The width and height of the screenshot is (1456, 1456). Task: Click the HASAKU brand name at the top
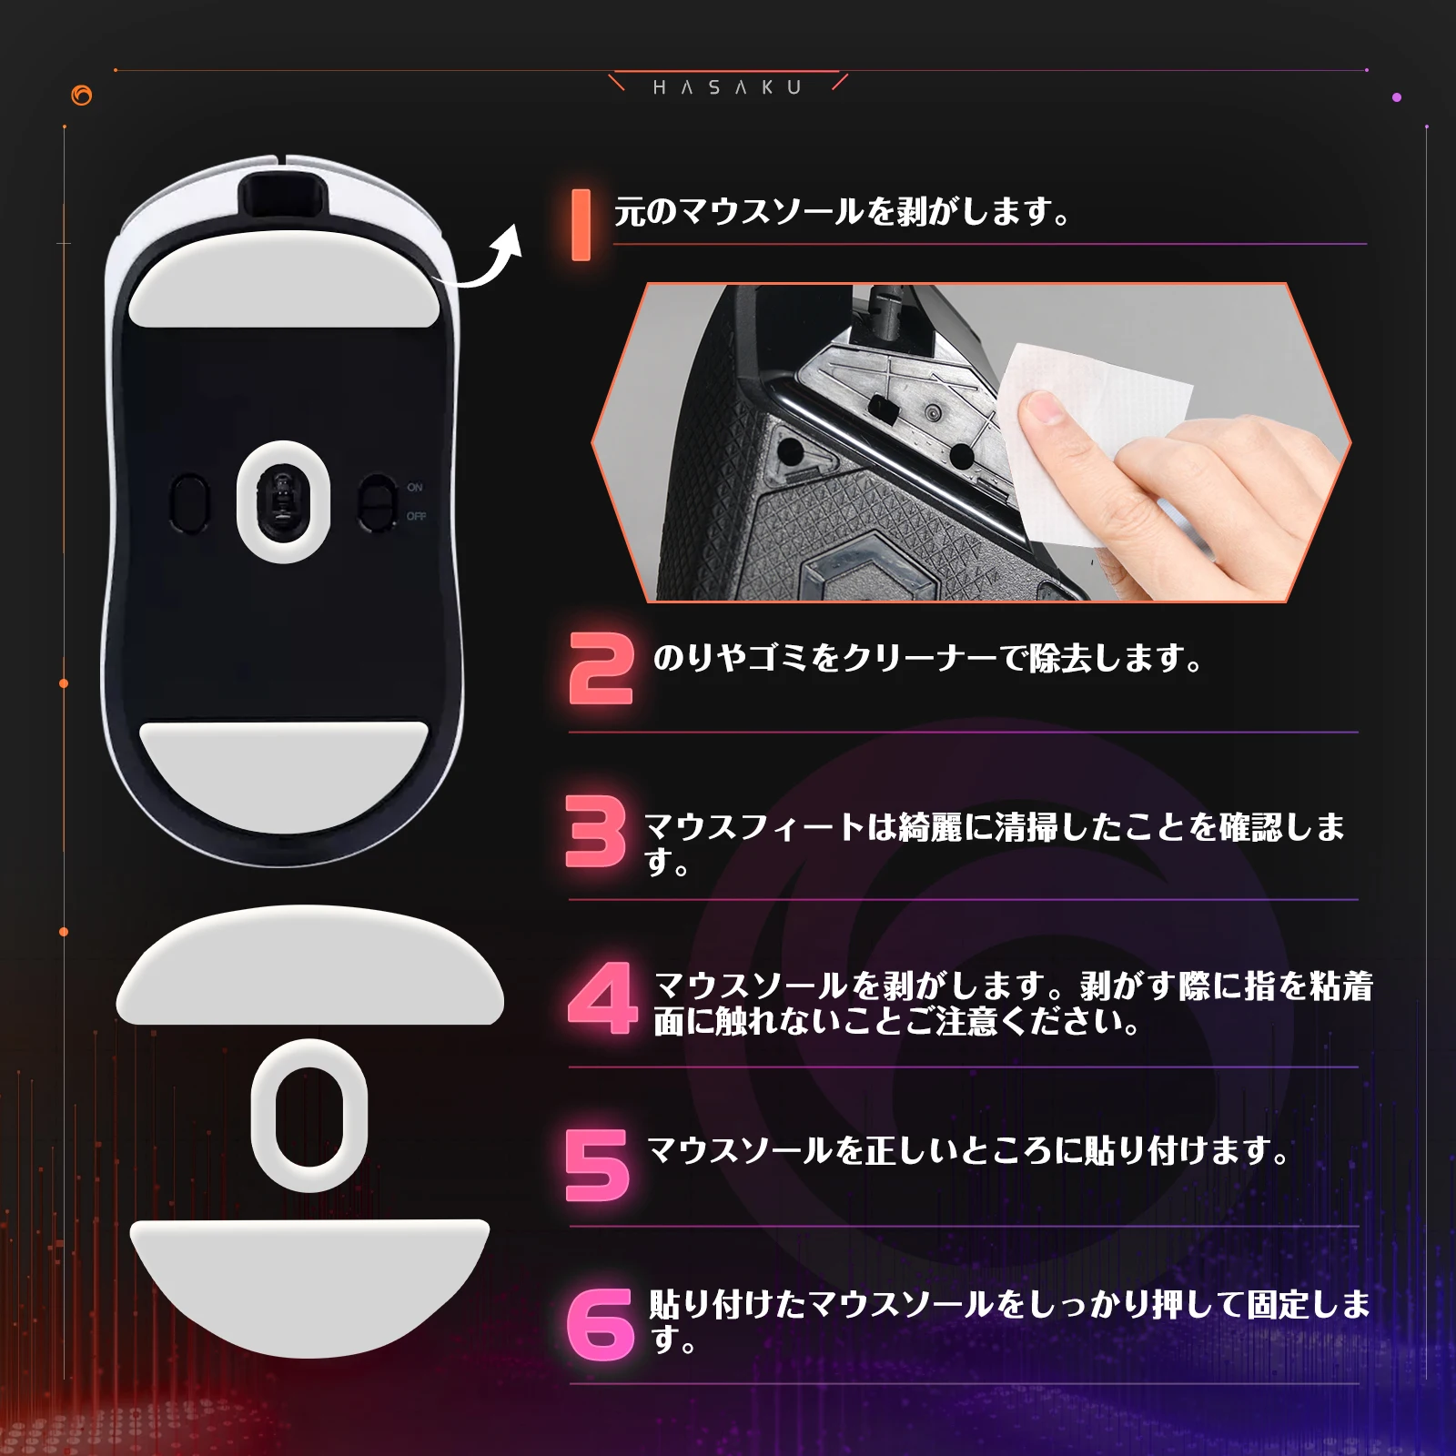click(727, 87)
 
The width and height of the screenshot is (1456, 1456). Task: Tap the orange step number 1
click(581, 225)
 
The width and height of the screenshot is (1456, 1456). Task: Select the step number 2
click(601, 669)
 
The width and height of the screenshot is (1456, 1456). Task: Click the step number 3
click(596, 831)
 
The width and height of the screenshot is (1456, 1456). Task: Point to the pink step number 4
click(602, 997)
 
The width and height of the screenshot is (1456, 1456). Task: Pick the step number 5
click(597, 1165)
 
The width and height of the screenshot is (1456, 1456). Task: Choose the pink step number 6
click(600, 1324)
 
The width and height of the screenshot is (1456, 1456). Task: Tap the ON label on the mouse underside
click(415, 488)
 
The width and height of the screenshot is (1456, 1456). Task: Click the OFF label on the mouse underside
click(416, 517)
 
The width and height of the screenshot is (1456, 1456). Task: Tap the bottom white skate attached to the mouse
click(284, 774)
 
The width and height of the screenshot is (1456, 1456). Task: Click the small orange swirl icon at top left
click(82, 95)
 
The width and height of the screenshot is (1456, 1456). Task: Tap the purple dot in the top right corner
click(1397, 96)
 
